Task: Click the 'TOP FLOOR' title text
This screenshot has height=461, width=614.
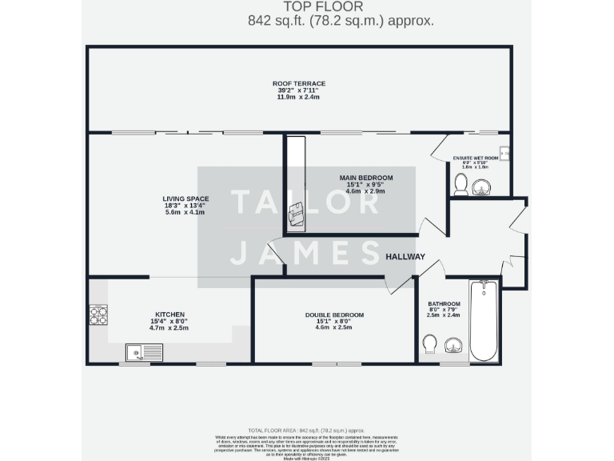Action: pos(306,7)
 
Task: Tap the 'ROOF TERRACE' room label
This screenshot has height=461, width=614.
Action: pos(298,83)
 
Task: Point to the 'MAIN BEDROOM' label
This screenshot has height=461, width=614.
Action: pos(366,177)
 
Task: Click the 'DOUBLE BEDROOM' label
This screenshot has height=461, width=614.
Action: pos(334,315)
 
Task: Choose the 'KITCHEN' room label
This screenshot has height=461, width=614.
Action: pos(170,315)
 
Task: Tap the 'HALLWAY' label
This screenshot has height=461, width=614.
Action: pos(405,257)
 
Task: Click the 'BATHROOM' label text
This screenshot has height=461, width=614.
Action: pos(444,304)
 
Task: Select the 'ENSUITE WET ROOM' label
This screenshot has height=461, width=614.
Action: pos(475,158)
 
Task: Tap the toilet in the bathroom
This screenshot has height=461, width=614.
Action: pos(429,344)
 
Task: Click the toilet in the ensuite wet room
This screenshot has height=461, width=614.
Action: pos(460,186)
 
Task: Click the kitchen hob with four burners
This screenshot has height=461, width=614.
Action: pos(98,315)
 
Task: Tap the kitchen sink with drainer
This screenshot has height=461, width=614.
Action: pos(144,352)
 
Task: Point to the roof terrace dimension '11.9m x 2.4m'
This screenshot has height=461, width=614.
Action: pos(298,97)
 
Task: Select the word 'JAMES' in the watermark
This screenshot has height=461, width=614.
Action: pos(305,252)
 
